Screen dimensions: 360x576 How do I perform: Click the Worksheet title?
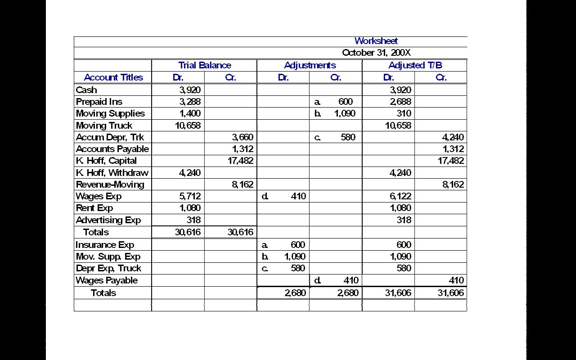point(376,41)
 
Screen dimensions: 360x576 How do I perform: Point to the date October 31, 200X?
point(376,53)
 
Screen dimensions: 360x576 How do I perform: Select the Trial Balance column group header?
point(204,65)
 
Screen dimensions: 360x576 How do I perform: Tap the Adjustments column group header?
point(310,65)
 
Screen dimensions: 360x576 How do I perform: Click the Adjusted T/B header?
point(415,65)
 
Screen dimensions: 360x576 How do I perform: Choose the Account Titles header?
point(113,77)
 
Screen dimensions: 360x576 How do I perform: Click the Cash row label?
point(86,90)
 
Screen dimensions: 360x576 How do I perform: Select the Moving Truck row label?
point(104,126)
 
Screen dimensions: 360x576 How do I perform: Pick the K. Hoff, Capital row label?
point(106,161)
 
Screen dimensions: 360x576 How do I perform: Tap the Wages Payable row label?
point(107,280)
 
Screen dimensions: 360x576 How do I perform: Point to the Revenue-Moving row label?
point(110,184)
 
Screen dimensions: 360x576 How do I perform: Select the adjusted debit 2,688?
point(400,102)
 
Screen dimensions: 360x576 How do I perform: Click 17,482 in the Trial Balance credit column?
point(241,161)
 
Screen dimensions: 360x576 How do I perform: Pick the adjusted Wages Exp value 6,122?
point(400,196)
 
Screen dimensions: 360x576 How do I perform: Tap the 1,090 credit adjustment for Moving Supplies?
point(345,113)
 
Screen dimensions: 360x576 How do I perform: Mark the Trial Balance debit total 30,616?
point(188,232)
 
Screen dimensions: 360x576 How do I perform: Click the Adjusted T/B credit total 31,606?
point(450,293)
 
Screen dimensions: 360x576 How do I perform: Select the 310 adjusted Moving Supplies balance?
point(404,113)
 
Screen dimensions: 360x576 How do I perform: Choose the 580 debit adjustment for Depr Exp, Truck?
point(297,268)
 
